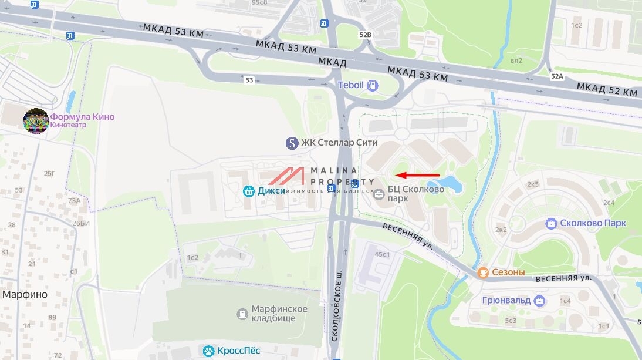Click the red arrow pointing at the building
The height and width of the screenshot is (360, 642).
418,175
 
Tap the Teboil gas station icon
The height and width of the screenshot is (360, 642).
372,86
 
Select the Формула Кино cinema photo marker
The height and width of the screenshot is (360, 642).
36,120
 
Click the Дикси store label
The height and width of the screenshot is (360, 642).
271,191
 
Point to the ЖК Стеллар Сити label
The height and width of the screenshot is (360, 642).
339,143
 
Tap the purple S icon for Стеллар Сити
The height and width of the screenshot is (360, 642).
292,143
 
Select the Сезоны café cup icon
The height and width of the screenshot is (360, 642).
483,272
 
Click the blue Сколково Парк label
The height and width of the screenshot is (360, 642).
593,223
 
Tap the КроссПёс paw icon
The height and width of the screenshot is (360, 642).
208,351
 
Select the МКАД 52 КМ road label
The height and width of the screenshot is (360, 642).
606,90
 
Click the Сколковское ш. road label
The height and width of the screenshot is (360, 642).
337,305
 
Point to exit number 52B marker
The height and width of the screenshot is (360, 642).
365,35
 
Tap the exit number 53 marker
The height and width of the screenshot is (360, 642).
249,80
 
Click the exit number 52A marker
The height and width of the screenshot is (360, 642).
557,76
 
